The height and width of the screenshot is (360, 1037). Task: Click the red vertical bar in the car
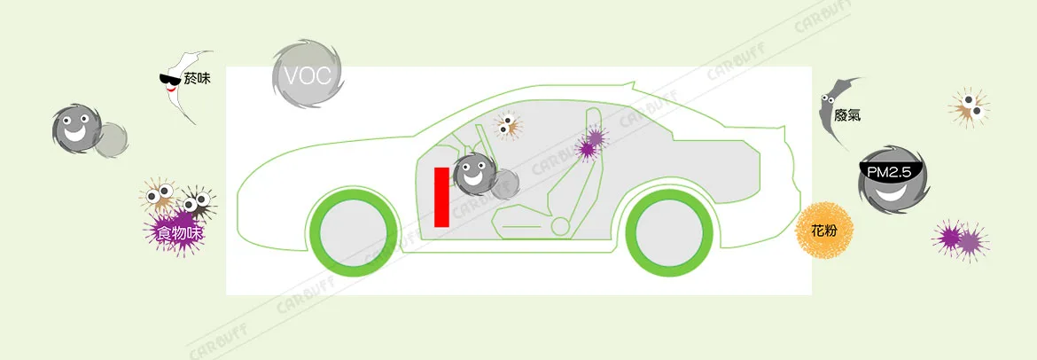click(x=441, y=197)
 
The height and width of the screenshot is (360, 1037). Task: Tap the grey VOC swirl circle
click(x=308, y=74)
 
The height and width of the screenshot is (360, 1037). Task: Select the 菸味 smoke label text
click(x=197, y=78)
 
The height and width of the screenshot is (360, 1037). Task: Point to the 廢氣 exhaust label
click(x=847, y=116)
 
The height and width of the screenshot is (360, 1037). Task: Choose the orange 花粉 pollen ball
click(x=824, y=231)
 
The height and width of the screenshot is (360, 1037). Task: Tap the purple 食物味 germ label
click(x=177, y=233)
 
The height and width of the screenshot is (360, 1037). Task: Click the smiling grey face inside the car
click(x=473, y=174)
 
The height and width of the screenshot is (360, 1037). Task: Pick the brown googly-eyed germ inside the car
click(x=507, y=125)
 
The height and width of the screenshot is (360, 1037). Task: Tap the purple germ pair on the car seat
click(x=590, y=143)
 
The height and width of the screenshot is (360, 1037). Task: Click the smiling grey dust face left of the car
click(x=75, y=128)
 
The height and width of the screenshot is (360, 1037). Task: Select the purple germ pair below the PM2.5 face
click(x=961, y=239)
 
